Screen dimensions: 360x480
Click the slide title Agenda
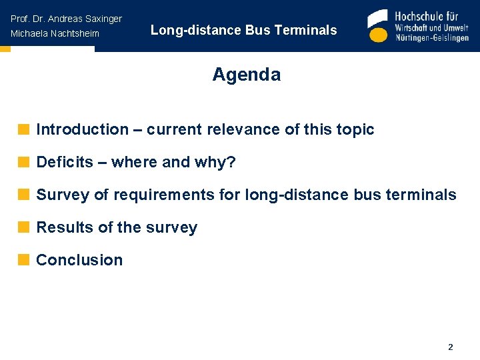(246, 75)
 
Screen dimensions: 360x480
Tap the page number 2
(451, 347)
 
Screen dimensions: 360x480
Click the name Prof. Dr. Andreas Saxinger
(66, 19)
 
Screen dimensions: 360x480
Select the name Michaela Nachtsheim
(55, 33)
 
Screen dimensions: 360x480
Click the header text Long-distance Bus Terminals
(243, 30)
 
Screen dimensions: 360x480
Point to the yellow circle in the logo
(378, 35)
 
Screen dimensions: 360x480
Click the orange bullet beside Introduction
(24, 129)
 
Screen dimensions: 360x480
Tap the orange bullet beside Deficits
(24, 162)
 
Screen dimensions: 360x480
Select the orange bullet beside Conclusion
(24, 260)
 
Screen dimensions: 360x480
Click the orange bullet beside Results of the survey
(24, 227)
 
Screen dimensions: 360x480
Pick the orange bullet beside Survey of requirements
(24, 195)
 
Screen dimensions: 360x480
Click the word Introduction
(82, 129)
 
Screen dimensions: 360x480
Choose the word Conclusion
(79, 260)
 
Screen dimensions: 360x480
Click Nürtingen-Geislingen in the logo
(432, 38)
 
